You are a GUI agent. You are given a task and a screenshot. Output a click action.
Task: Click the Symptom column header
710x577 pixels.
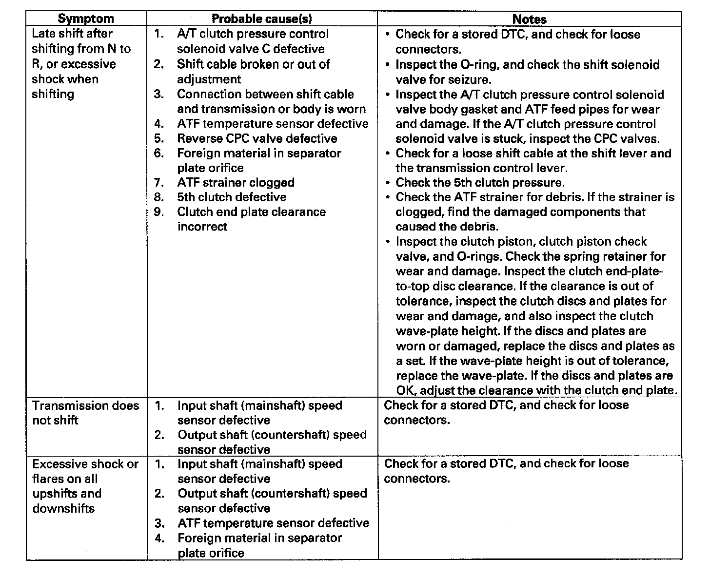pyautogui.click(x=86, y=19)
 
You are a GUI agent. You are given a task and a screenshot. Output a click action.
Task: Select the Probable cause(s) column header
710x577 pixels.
pyautogui.click(x=262, y=19)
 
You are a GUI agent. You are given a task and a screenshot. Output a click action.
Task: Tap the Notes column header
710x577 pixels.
pyautogui.click(x=530, y=19)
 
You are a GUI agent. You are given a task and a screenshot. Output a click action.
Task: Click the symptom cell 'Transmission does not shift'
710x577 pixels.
pyautogui.click(x=85, y=413)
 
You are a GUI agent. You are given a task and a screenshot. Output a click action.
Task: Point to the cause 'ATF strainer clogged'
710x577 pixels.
pyautogui.click(x=236, y=183)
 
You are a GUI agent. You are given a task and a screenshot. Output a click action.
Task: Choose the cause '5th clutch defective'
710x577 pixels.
pyautogui.click(x=232, y=197)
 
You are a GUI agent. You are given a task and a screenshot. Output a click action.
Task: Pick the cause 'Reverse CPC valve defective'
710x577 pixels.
pyautogui.click(x=257, y=138)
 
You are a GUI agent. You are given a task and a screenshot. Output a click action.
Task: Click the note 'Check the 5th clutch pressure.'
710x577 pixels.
pyautogui.click(x=480, y=183)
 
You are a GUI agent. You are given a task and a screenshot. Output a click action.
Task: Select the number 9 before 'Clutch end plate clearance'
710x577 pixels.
pyautogui.click(x=158, y=212)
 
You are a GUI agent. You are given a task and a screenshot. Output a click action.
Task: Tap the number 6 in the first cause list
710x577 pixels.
pyautogui.click(x=158, y=153)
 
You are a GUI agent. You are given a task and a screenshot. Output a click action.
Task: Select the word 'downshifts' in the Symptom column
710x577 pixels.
pyautogui.click(x=63, y=508)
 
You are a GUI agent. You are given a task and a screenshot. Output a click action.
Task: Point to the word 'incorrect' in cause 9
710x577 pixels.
pyautogui.click(x=202, y=227)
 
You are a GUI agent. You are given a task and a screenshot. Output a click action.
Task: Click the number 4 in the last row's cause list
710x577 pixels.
pyautogui.click(x=159, y=538)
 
